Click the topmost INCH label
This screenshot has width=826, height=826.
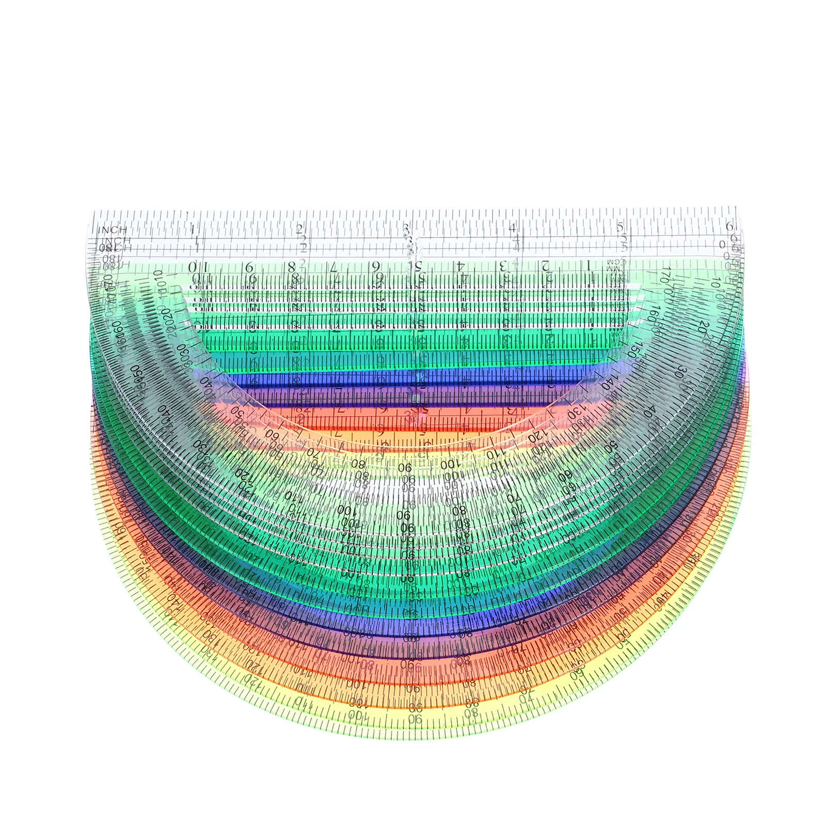(113, 230)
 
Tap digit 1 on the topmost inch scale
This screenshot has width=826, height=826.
(193, 228)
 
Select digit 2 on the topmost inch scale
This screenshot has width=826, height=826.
(299, 228)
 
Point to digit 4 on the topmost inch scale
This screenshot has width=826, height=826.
(513, 228)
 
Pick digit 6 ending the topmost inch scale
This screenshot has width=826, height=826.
(729, 226)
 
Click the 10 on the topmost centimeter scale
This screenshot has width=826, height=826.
(199, 267)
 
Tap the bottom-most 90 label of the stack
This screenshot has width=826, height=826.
(415, 719)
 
